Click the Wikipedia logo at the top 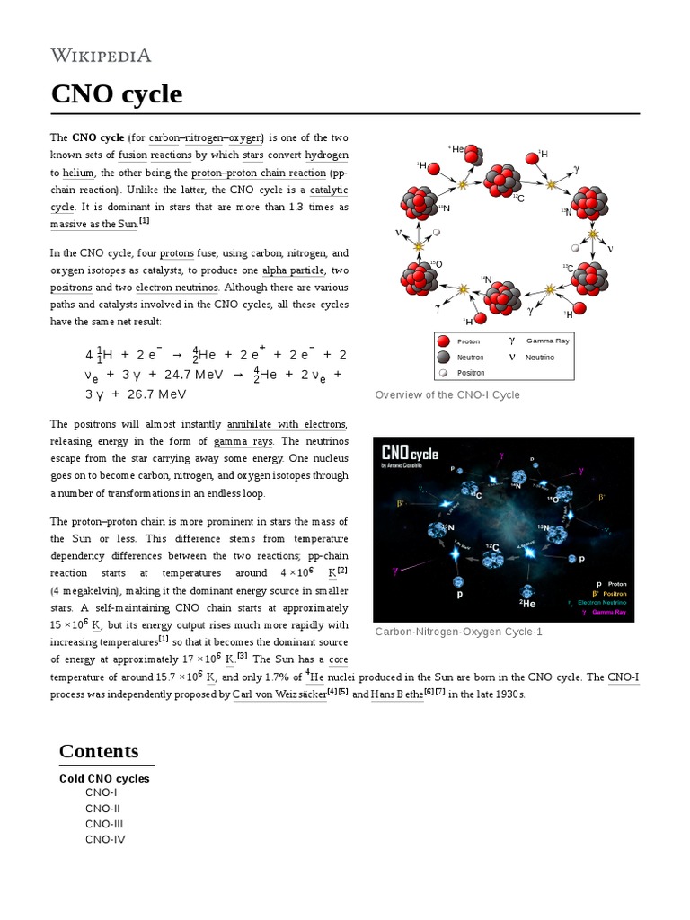100,55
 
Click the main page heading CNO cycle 116,93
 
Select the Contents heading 99,751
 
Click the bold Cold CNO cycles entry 104,778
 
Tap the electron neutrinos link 176,287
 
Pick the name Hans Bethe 396,694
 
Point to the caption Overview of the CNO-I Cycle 447,395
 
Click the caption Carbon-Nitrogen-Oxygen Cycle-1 458,632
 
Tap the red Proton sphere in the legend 442,341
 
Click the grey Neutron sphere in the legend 442,357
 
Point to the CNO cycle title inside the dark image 410,452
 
